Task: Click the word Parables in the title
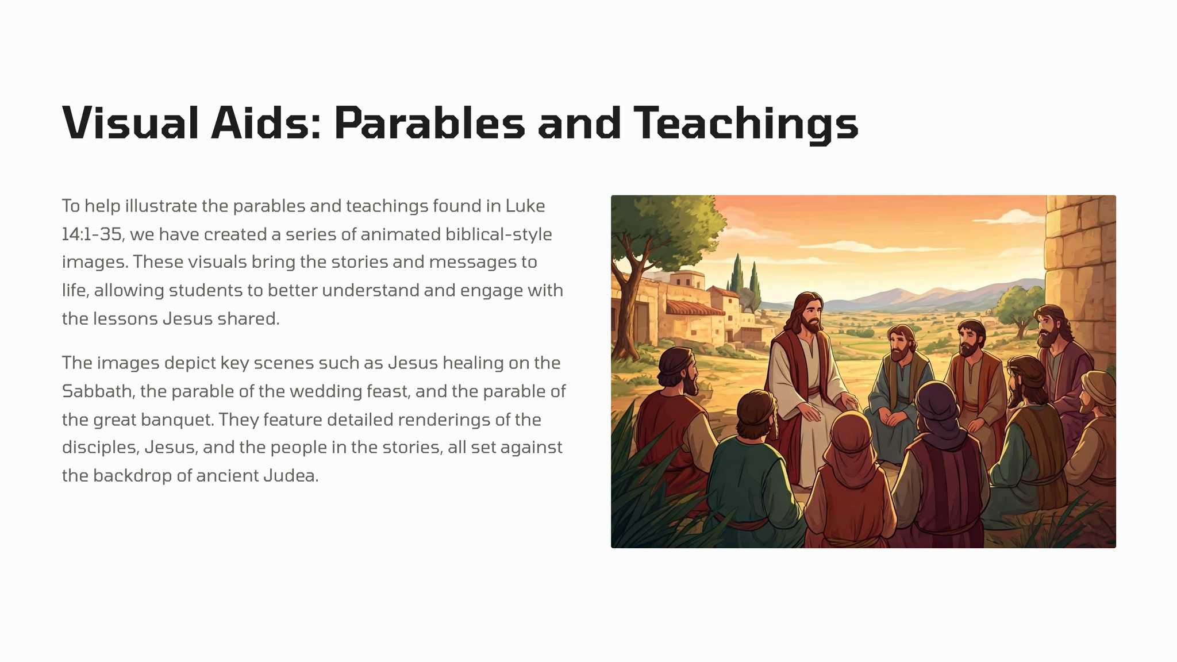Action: tap(429, 123)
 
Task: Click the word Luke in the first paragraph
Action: tap(525, 206)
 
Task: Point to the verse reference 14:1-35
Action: tap(92, 234)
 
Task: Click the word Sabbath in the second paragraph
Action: tap(97, 391)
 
